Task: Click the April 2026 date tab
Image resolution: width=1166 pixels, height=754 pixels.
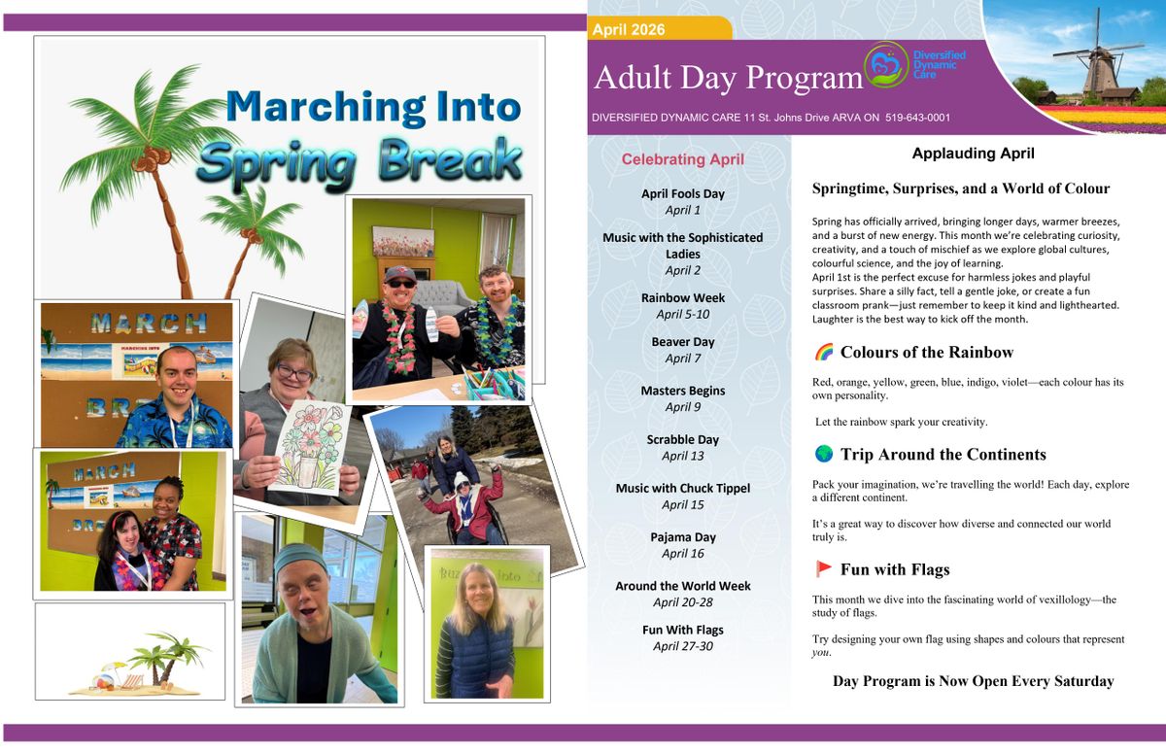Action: tap(629, 30)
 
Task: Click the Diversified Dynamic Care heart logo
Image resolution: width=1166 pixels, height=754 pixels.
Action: tap(885, 64)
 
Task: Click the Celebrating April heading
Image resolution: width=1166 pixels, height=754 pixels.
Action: tap(682, 159)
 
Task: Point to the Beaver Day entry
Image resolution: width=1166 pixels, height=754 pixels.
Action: tap(683, 342)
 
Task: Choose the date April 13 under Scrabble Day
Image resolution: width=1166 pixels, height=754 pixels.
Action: tap(683, 456)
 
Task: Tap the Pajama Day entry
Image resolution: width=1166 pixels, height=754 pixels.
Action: tap(683, 536)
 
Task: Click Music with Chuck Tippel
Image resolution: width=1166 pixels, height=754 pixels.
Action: tap(683, 488)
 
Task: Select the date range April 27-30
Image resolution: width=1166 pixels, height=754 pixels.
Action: tap(683, 646)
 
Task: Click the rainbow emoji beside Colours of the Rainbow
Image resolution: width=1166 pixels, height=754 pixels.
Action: tap(823, 352)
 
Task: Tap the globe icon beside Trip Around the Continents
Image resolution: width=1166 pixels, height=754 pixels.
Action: tap(823, 454)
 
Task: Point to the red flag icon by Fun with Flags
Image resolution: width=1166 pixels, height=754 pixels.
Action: tap(823, 569)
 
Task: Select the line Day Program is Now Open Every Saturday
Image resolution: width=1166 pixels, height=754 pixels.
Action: tap(973, 681)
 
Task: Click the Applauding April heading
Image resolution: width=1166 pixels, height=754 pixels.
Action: tap(973, 154)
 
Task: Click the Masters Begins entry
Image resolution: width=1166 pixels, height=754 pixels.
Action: tap(683, 391)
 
